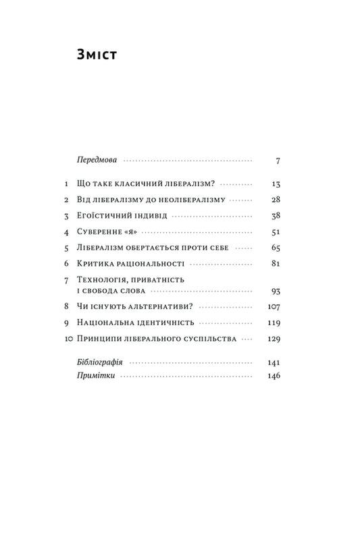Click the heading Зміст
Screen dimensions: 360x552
98,56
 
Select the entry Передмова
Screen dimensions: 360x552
98,161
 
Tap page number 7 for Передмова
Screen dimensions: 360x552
278,161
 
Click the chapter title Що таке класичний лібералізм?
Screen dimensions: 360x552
147,184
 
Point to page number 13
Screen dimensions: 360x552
275,184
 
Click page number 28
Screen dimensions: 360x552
274,200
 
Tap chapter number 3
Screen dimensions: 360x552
66,217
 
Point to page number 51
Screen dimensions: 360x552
275,233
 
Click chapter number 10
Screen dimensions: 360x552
66,339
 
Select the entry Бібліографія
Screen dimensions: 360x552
102,363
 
